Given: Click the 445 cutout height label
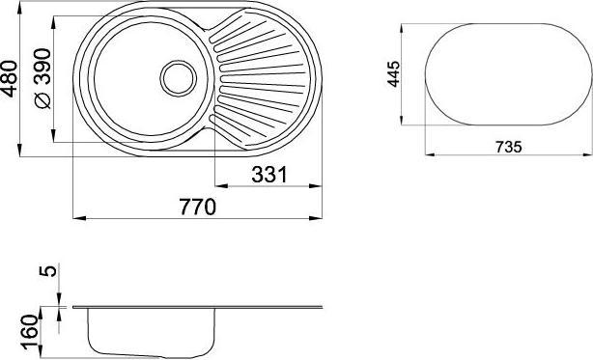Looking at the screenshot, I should click(x=393, y=72).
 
